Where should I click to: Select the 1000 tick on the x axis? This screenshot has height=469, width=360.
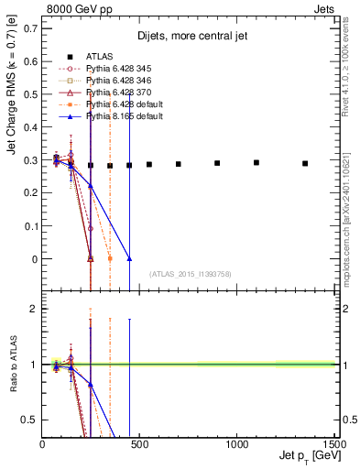point(236,444)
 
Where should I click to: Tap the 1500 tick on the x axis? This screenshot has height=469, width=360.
point(333,444)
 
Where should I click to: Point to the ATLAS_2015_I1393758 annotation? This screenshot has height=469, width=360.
point(189,274)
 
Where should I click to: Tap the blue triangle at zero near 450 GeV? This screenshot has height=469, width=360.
point(129,259)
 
